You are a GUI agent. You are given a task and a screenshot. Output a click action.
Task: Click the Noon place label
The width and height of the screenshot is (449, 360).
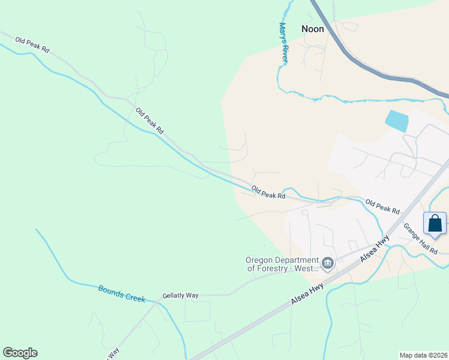point(312,29)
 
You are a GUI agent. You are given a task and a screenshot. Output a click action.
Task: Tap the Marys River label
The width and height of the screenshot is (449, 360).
point(284,42)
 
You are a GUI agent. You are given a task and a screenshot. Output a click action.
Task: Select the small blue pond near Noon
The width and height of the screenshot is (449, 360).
point(397,121)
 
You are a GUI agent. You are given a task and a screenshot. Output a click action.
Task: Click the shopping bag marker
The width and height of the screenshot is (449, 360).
point(435,224)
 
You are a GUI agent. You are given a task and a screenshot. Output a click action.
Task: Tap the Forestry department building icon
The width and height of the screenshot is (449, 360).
point(328,263)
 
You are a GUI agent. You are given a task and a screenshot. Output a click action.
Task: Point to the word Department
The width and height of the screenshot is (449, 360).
point(298,260)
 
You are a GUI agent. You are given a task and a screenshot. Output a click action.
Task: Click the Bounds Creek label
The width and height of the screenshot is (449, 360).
point(122,293)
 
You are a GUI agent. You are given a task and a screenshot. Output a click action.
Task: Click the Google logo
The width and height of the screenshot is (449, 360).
point(20,353)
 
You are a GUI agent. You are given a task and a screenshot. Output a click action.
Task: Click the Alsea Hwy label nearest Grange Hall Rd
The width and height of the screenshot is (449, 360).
point(375,247)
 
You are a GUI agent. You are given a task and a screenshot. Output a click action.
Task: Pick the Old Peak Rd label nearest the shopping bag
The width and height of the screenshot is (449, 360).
point(382,207)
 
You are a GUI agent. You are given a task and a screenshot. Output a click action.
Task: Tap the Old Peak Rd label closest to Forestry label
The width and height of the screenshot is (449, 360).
point(268,193)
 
